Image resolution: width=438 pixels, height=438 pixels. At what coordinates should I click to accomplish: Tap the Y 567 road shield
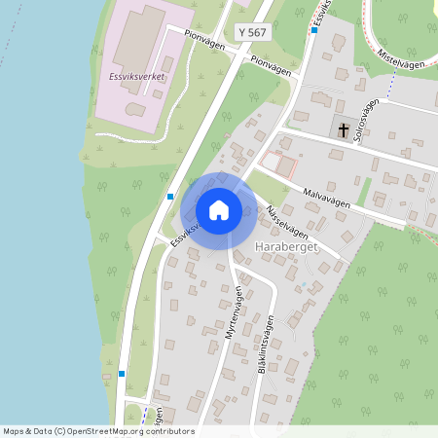[251, 33]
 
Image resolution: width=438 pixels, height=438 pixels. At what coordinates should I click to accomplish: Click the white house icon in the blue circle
[219, 210]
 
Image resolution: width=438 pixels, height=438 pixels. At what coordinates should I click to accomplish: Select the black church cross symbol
[343, 128]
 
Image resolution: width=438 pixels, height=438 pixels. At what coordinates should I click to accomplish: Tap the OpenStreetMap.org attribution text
[133, 431]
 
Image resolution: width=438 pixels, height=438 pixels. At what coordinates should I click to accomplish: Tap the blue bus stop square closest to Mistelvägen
[314, 30]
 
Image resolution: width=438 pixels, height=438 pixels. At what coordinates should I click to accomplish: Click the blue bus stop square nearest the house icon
[170, 197]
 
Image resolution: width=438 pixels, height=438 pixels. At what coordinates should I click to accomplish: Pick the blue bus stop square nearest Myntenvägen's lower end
[122, 373]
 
